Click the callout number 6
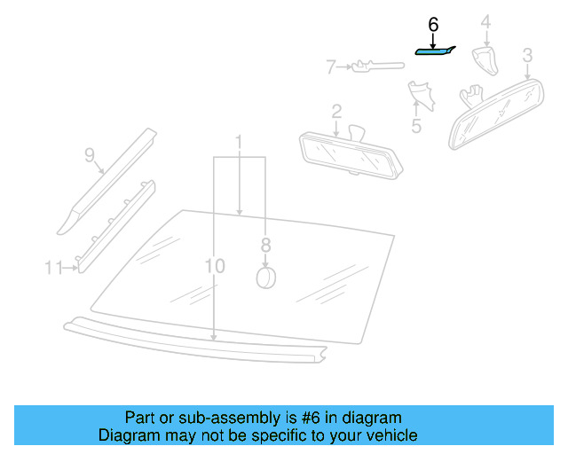tap(433, 26)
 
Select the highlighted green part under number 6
tap(435, 51)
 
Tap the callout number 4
tap(485, 21)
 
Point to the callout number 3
tap(527, 56)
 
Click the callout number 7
tap(330, 66)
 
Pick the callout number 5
tap(415, 126)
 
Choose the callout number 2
tap(336, 111)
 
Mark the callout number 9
tap(90, 155)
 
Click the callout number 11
tap(52, 267)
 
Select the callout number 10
tap(214, 265)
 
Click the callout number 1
tap(238, 142)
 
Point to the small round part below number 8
tap(265, 278)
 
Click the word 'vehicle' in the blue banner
tap(389, 435)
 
